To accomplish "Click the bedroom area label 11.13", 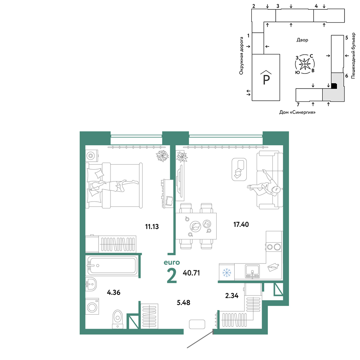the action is [x=152, y=226].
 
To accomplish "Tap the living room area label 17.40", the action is [x=241, y=224].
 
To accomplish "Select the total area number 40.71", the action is [x=191, y=273].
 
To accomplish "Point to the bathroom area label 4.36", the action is [x=114, y=292].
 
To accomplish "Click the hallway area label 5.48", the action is [x=184, y=302].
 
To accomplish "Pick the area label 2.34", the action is [x=231, y=296].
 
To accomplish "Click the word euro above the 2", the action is [x=172, y=262].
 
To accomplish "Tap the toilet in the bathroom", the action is [x=118, y=319].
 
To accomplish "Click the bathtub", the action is [x=112, y=265].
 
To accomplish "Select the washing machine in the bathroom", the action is [x=92, y=306].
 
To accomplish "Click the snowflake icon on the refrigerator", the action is [x=226, y=273].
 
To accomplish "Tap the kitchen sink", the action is [x=252, y=271].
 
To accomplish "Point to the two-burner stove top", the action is [x=274, y=247].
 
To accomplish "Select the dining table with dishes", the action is [x=196, y=226].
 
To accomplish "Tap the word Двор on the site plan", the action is [x=302, y=40].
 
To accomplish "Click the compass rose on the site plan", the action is [x=305, y=64].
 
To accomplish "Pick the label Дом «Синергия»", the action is [x=297, y=112].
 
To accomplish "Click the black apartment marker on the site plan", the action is [x=334, y=86].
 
